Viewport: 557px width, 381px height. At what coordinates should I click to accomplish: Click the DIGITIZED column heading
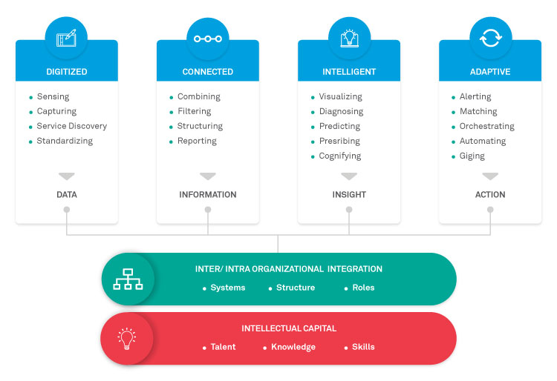pyautogui.click(x=66, y=72)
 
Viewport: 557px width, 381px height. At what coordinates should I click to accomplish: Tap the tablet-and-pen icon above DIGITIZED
pyautogui.click(x=66, y=37)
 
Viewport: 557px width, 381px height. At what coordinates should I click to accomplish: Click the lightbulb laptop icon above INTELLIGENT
pyautogui.click(x=348, y=37)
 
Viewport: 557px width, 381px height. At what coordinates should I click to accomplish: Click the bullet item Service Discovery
pyautogui.click(x=71, y=126)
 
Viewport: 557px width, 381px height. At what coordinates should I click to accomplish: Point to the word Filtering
pyautogui.click(x=194, y=111)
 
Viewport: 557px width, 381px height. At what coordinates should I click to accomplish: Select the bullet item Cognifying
pyautogui.click(x=339, y=156)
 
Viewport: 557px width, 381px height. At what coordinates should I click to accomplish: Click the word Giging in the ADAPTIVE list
pyautogui.click(x=472, y=156)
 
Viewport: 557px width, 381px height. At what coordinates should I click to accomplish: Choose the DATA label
pyautogui.click(x=66, y=195)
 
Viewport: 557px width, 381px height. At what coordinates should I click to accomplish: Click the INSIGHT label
pyautogui.click(x=349, y=195)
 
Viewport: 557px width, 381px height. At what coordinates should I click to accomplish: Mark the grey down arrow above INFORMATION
pyautogui.click(x=208, y=176)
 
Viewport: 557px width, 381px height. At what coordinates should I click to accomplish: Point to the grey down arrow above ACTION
pyautogui.click(x=490, y=176)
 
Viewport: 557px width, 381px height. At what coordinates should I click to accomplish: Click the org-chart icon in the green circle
pyautogui.click(x=127, y=279)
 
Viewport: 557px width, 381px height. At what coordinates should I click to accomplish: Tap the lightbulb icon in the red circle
pyautogui.click(x=127, y=338)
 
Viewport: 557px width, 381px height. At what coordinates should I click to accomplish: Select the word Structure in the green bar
pyautogui.click(x=296, y=288)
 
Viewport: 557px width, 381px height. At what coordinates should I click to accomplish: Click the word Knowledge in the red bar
pyautogui.click(x=293, y=347)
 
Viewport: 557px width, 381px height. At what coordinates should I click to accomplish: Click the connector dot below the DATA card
pyautogui.click(x=67, y=210)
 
